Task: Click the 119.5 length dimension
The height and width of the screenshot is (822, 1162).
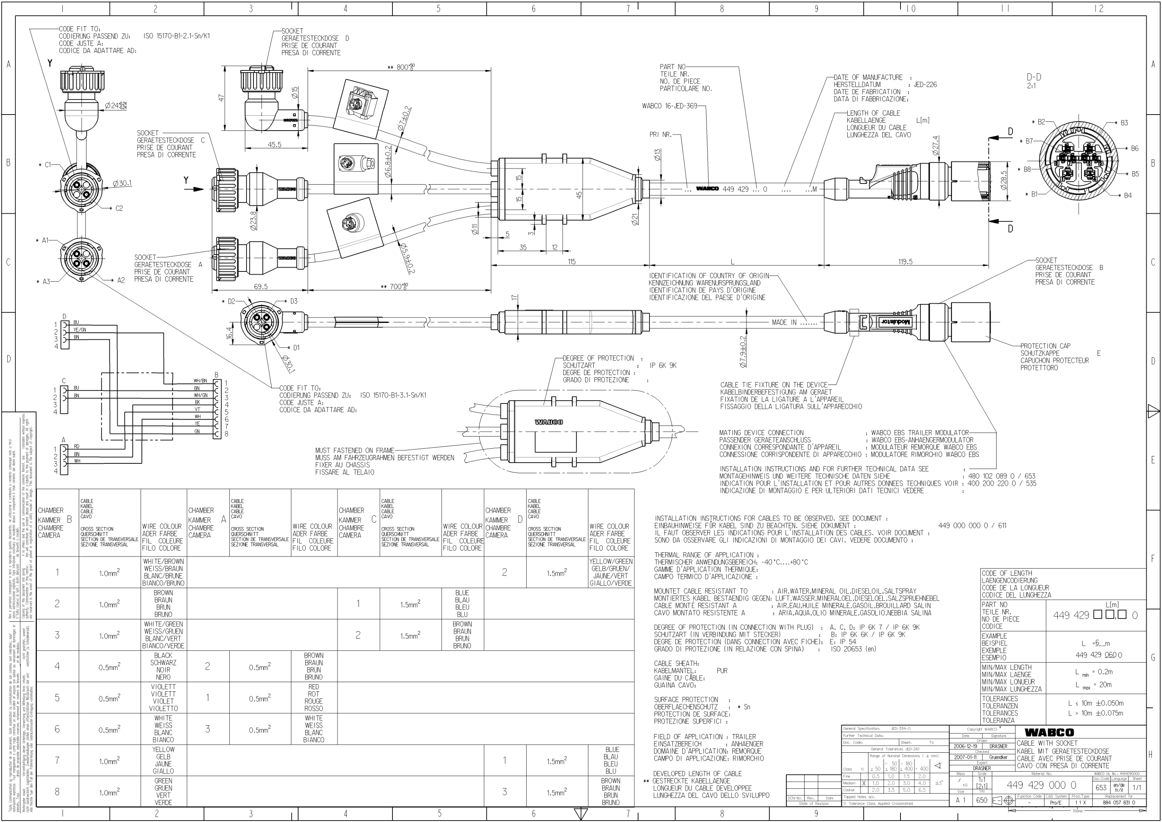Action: [x=905, y=262]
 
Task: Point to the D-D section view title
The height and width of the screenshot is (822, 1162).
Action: [x=1034, y=77]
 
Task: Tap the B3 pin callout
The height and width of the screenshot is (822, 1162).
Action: [x=1124, y=123]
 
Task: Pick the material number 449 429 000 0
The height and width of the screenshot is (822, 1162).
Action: [x=1041, y=785]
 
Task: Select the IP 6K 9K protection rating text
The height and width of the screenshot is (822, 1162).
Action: [x=663, y=366]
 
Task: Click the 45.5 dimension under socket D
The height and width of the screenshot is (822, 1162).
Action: [x=274, y=145]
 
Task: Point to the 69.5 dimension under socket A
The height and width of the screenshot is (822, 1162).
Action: [x=261, y=286]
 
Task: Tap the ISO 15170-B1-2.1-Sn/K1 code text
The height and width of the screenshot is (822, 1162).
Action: [x=177, y=36]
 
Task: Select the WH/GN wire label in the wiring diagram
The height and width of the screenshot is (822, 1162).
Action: [x=201, y=395]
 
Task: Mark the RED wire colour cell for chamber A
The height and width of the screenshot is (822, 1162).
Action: [x=313, y=698]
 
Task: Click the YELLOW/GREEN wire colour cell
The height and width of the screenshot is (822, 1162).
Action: [x=610, y=572]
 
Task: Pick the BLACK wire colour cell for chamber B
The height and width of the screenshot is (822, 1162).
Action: [x=163, y=666]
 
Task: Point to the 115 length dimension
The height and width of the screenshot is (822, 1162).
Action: [x=572, y=262]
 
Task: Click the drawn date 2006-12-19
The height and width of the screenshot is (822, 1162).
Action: [x=965, y=746]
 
